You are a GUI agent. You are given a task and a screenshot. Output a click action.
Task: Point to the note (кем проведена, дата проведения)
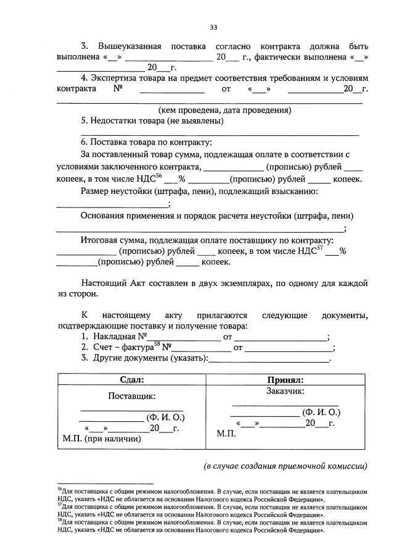coord(224,110)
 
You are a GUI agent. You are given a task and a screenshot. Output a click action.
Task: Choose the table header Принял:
coord(285,380)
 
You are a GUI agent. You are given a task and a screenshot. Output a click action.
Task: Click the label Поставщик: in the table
coord(132,395)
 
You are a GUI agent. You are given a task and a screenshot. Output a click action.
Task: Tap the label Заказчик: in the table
coord(285,390)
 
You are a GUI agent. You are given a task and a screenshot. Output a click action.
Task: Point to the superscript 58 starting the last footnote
coord(59,520)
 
